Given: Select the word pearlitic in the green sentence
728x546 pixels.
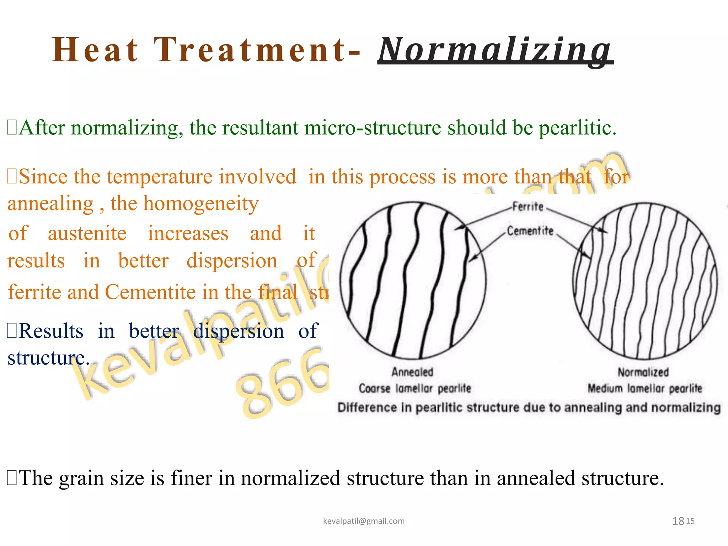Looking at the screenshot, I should coord(577,128).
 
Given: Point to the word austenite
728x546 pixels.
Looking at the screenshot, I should coord(87,234).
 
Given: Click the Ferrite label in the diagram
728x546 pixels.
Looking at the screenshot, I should coord(528,207).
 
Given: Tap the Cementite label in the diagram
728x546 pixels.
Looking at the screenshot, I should coord(530,231).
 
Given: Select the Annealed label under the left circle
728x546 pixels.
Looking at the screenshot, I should coord(412,372).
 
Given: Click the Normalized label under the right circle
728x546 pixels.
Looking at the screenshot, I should coord(643,373).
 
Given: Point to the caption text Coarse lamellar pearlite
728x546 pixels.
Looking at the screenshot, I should coord(415,389).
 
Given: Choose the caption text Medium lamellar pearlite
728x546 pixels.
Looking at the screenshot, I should coord(645,389).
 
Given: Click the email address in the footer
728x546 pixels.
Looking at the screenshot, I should coord(364,521).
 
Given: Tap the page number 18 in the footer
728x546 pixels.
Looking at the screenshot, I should coord(678,521).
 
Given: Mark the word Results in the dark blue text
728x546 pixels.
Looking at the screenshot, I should coord(51,331).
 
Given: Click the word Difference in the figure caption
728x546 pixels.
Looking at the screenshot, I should coord(367,407).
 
